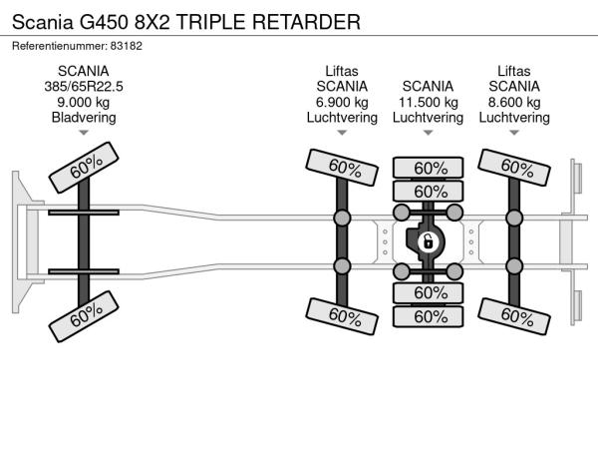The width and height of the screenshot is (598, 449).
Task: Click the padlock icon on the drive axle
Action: (x=428, y=242)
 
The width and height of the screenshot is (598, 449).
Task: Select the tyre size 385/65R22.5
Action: (x=84, y=87)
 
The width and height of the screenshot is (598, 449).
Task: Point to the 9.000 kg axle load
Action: (x=84, y=102)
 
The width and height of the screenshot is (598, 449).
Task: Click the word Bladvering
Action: (x=84, y=118)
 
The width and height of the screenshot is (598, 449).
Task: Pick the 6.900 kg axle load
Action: (x=342, y=102)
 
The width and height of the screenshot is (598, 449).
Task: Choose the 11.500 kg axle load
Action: (x=428, y=102)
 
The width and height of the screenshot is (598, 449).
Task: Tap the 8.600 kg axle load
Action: (x=514, y=102)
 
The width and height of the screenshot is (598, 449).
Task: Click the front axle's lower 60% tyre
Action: (x=85, y=317)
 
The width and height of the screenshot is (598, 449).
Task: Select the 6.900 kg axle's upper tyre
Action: (x=343, y=166)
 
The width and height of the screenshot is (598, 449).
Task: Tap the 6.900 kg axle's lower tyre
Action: (x=343, y=316)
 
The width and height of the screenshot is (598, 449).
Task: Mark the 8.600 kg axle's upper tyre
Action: (x=514, y=167)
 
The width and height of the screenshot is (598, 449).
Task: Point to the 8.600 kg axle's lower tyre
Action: (x=514, y=316)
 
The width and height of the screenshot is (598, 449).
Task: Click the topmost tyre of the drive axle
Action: (x=429, y=168)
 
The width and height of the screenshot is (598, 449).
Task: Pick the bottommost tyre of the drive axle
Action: (x=429, y=316)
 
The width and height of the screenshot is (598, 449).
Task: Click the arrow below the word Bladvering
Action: (x=84, y=133)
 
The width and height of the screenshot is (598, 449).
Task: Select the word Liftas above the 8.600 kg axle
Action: (x=514, y=71)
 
